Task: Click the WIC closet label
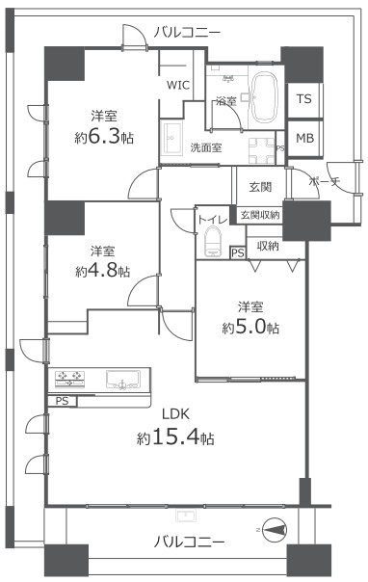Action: click(178, 85)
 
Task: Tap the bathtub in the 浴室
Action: click(265, 96)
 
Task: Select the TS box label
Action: click(303, 98)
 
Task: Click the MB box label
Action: click(304, 138)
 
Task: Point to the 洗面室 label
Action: click(206, 147)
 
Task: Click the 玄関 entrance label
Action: click(260, 187)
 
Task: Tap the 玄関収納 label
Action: click(260, 215)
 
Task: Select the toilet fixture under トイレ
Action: click(213, 242)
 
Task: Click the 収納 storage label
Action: click(268, 246)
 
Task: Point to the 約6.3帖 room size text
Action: click(104, 138)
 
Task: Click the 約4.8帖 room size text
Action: click(103, 272)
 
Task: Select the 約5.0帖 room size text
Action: click(250, 328)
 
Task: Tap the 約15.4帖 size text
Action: click(175, 438)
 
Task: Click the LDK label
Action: click(176, 414)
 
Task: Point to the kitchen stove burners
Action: click(69, 379)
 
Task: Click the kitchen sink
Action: click(123, 380)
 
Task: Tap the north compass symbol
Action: click(275, 530)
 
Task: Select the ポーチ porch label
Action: click(325, 181)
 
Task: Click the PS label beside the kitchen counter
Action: click(62, 401)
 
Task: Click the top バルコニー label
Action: click(187, 33)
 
